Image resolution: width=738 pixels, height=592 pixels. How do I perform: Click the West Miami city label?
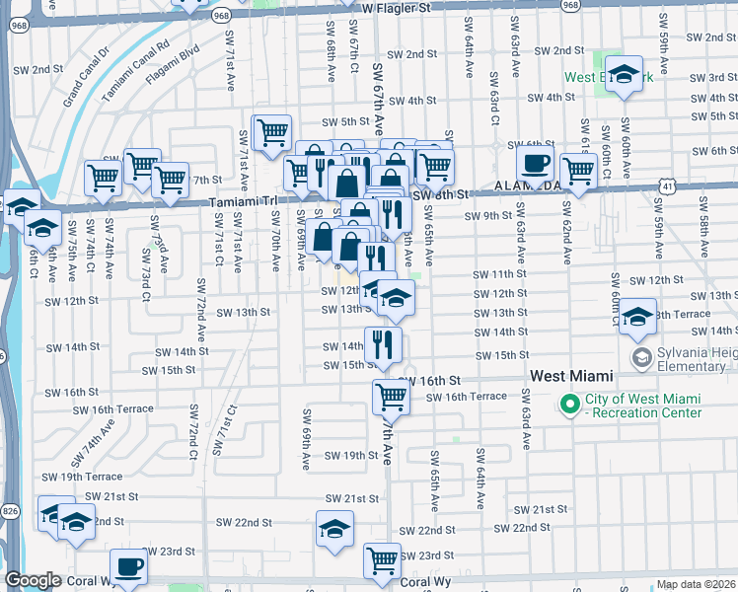coord(571,376)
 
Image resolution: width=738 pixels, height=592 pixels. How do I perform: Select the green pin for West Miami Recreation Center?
coord(569,405)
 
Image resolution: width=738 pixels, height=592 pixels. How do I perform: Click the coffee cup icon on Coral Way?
coord(128,566)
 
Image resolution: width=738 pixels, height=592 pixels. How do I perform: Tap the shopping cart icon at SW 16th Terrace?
coord(391,397)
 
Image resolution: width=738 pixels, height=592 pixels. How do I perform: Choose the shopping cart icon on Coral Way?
coord(382,560)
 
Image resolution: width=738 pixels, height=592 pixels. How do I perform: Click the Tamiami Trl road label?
coord(241,202)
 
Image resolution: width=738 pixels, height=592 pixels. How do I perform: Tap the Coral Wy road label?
coord(427,582)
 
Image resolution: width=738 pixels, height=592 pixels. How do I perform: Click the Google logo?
coord(33,580)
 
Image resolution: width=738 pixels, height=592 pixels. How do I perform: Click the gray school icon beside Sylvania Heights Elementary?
coord(642,355)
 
